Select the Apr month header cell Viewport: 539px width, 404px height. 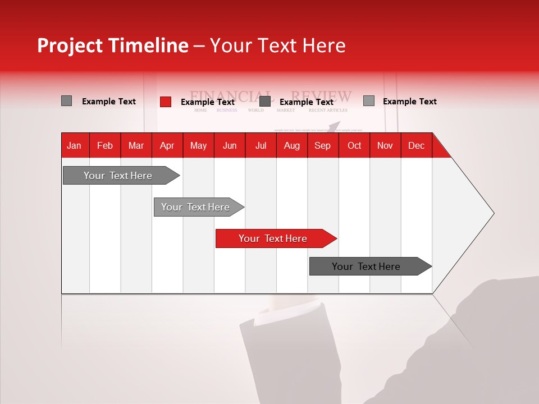tap(167, 145)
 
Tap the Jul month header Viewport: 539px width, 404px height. tap(261, 145)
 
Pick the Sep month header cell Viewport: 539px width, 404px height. tap(323, 145)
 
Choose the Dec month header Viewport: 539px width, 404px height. tap(416, 145)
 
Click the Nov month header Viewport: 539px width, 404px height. tap(385, 145)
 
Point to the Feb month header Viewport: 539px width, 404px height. tap(105, 145)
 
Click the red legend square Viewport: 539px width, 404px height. tap(165, 102)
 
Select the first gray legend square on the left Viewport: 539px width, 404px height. tap(66, 101)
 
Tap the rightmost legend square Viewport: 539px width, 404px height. tap(368, 101)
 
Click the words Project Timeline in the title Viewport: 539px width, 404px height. tap(112, 45)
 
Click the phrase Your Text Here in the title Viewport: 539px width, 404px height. tap(277, 45)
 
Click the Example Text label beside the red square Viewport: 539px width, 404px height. tap(207, 102)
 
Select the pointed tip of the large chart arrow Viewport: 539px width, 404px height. tap(493, 213)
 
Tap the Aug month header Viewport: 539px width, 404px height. tap(292, 145)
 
